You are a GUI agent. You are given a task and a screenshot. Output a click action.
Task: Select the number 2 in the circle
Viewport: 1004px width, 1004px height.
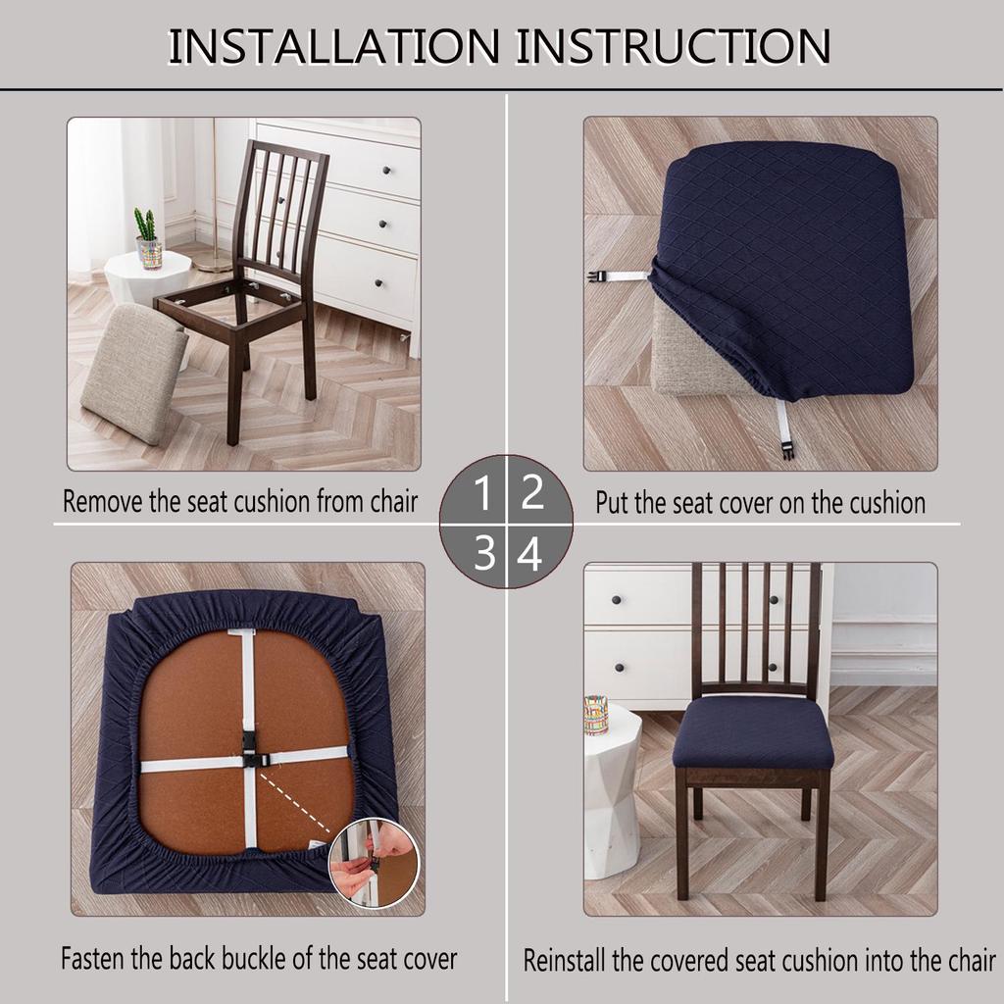click(x=531, y=493)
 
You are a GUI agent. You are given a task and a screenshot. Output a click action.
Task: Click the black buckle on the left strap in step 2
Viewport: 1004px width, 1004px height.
click(x=594, y=277)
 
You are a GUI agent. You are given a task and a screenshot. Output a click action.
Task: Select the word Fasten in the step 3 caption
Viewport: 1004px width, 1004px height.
click(x=93, y=958)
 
